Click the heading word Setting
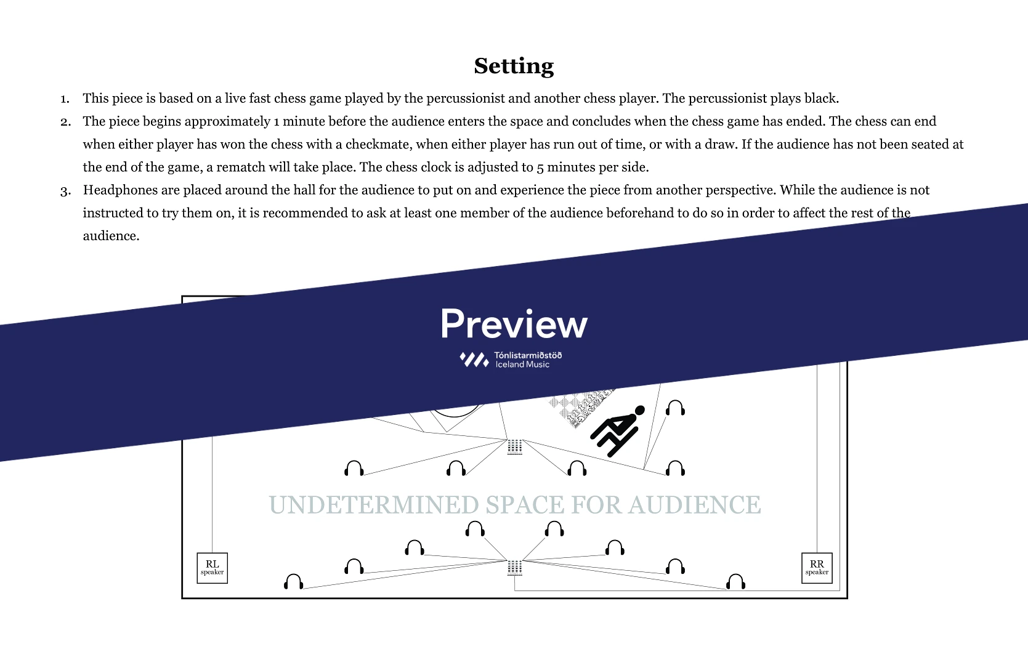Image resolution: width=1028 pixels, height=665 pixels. tap(514, 66)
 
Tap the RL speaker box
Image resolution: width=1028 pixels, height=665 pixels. tap(212, 568)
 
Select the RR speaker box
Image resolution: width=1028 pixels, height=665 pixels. tap(817, 568)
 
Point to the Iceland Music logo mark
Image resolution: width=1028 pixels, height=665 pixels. tap(474, 360)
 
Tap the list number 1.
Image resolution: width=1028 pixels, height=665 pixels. tap(65, 99)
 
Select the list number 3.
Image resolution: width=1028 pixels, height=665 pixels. tap(65, 190)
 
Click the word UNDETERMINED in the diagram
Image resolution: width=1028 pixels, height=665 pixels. tap(374, 505)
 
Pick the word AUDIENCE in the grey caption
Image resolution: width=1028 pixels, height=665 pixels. tap(694, 505)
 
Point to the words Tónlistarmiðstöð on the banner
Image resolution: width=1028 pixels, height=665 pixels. tap(528, 355)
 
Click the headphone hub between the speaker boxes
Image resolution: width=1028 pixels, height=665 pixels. tap(514, 568)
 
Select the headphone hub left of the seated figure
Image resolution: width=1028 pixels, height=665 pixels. tap(514, 447)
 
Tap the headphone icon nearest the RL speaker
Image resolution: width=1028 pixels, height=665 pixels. tap(293, 581)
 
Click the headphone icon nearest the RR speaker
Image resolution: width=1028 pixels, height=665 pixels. tap(735, 581)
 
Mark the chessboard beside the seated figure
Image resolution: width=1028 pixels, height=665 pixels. tap(581, 406)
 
